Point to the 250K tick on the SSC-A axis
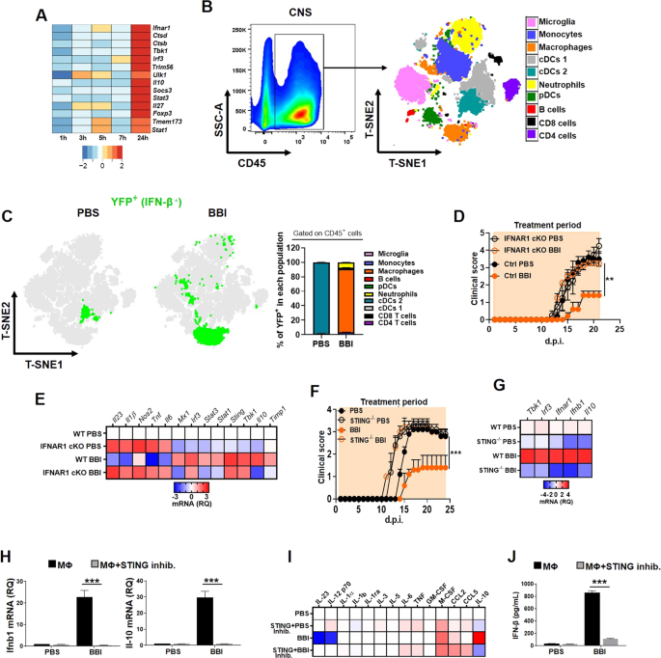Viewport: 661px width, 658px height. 238,31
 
